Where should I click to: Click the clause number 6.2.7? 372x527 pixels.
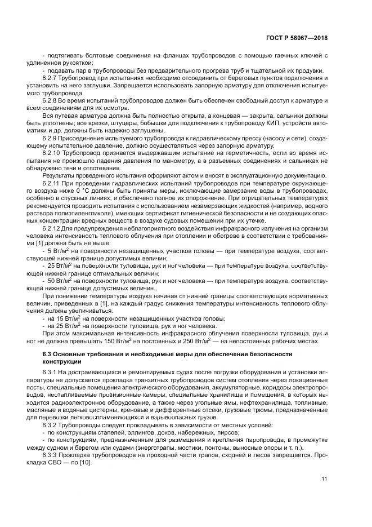click(51, 78)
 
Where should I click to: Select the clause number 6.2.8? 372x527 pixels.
click(51, 100)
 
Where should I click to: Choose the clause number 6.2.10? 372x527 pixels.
click(53, 153)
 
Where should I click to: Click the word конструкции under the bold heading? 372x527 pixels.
click(61, 361)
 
